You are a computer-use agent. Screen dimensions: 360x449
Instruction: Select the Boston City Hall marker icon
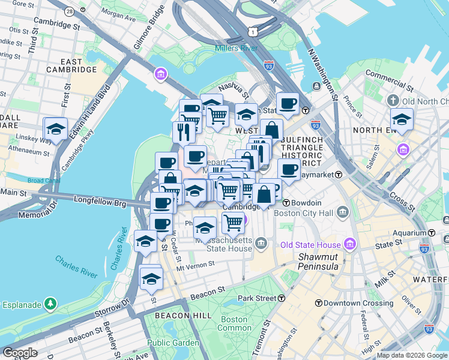click(343, 212)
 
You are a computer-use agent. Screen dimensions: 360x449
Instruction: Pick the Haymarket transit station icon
click(339, 174)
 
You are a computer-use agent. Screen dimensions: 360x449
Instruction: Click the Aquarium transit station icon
click(432, 233)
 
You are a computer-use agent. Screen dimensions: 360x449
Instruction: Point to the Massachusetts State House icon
click(261, 243)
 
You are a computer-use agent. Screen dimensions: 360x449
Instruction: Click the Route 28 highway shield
click(70, 11)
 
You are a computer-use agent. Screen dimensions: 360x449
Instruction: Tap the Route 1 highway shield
click(255, 31)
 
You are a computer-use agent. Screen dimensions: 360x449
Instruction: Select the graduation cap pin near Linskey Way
click(56, 129)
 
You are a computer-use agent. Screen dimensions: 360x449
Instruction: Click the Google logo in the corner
click(20, 353)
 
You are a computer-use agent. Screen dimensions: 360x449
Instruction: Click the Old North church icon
click(394, 100)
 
